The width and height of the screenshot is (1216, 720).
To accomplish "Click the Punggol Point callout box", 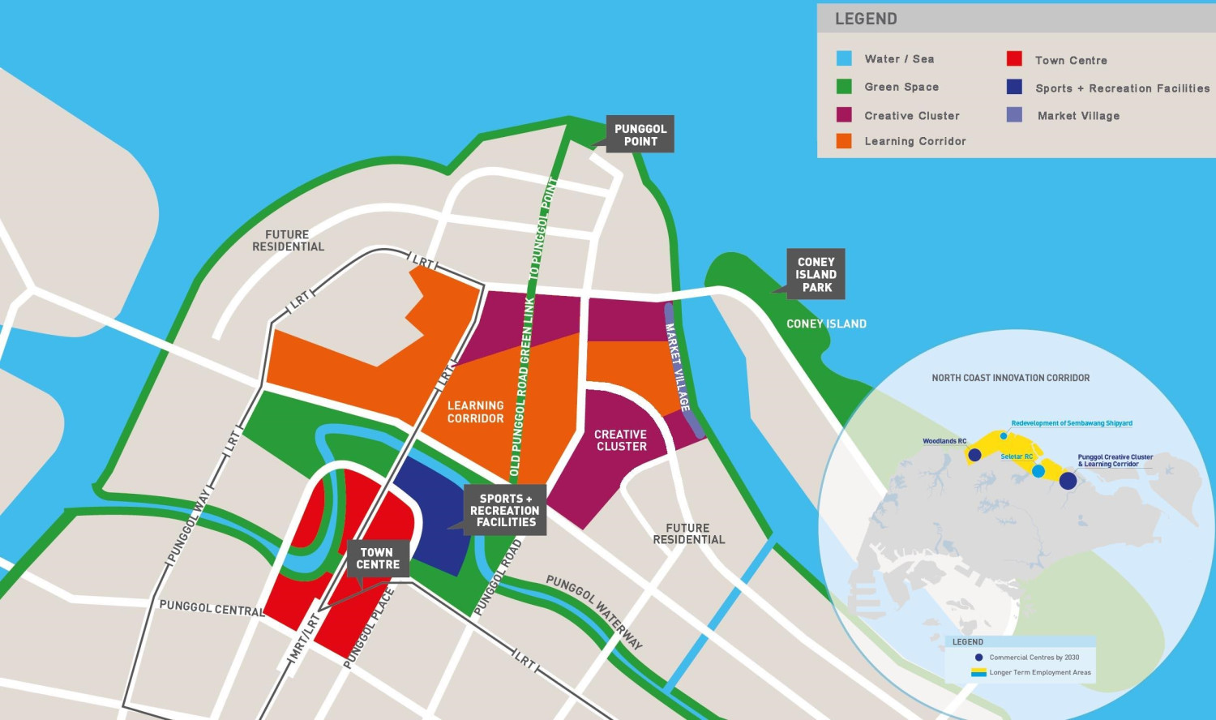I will point(640,135).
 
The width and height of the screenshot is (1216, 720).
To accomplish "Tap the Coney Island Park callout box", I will point(816,274).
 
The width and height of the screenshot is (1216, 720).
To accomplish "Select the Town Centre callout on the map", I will point(378,559).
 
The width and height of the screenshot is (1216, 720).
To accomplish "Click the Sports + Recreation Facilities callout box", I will point(505,511).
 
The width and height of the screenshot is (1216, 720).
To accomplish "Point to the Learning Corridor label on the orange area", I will point(476,412).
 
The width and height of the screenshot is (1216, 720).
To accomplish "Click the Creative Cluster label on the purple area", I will point(621,440).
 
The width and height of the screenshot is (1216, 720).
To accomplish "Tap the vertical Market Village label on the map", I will point(678,367).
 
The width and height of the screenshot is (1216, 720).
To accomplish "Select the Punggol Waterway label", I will point(595,612).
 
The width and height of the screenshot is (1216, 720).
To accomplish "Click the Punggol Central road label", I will point(212,608).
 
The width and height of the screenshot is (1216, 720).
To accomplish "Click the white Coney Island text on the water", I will point(826,324).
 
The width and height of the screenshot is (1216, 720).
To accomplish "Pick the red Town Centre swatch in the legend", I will point(1014,59).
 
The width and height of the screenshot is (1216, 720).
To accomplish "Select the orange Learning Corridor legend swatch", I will point(844,141).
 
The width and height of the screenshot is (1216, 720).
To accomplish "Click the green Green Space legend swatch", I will point(844,87).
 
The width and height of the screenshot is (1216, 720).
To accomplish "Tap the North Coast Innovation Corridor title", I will point(1010,378).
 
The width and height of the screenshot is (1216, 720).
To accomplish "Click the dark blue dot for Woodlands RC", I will point(974,456).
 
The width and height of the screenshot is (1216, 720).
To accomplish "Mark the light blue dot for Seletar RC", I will point(1038,471).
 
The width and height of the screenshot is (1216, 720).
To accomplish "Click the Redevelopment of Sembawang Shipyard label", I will point(1072,423).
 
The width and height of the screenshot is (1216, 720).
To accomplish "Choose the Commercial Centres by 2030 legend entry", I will point(1034,658).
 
